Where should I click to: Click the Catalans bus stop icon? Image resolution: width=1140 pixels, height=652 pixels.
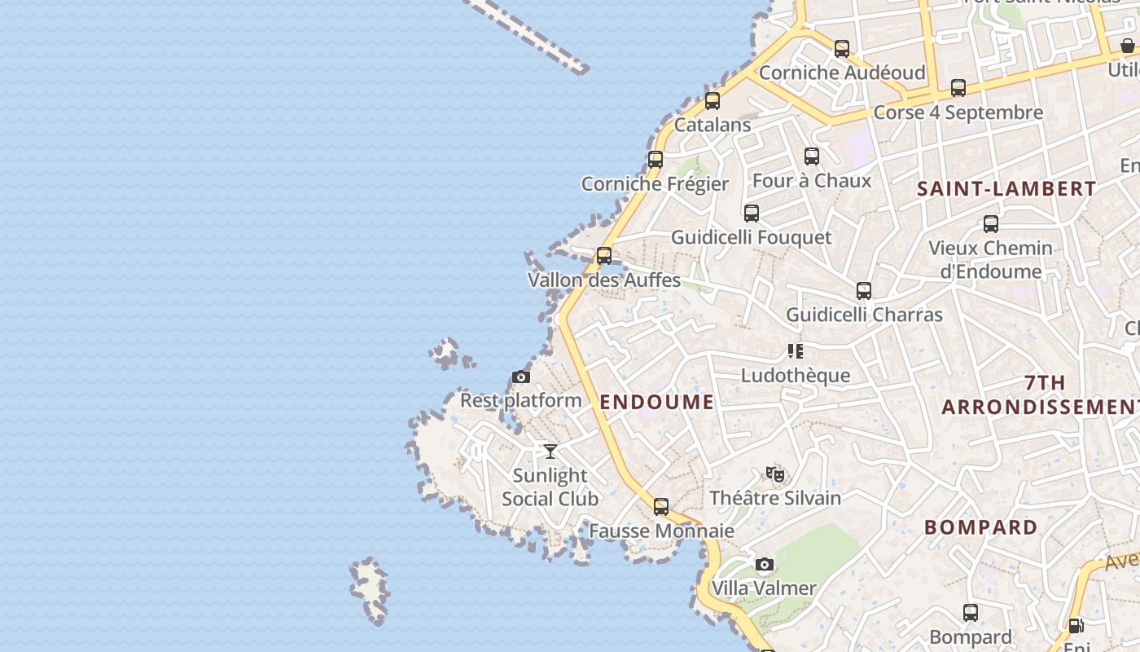pos(712,101)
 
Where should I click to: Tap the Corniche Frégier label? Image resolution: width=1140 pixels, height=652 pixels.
pos(655,183)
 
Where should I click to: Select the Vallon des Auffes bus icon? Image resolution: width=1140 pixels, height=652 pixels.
pos(604,256)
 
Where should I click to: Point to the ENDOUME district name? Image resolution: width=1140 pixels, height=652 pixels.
pos(657,402)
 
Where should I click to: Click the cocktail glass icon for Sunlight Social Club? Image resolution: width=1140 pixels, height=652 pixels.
pos(550,451)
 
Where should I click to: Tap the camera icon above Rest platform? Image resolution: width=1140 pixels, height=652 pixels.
pos(521,377)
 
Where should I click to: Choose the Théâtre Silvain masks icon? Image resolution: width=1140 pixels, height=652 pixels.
pos(775,474)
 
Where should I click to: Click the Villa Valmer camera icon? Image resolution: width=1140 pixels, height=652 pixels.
pos(764,564)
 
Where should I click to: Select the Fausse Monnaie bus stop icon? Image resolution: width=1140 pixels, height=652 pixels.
pos(661,507)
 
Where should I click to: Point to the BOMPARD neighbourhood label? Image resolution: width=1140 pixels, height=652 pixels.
pos(981,527)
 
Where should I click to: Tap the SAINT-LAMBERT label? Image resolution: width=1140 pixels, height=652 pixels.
pos(1006,189)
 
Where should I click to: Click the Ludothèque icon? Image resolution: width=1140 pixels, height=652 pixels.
pos(796,351)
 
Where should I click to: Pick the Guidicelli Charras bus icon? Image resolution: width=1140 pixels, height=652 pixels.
pos(864,291)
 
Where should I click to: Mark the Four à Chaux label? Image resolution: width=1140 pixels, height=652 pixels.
pos(812,180)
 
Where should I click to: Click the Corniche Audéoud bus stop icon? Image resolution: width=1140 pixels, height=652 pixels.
pos(842,49)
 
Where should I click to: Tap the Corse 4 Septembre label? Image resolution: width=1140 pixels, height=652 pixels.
pos(958,112)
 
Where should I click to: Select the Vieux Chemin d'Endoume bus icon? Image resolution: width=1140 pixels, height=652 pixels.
pos(991,224)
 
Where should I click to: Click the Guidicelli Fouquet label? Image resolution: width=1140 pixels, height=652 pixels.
pos(752,237)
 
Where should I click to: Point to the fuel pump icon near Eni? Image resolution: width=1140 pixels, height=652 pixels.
pos(1076,626)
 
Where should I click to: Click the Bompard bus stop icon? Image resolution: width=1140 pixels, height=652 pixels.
pos(971,613)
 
